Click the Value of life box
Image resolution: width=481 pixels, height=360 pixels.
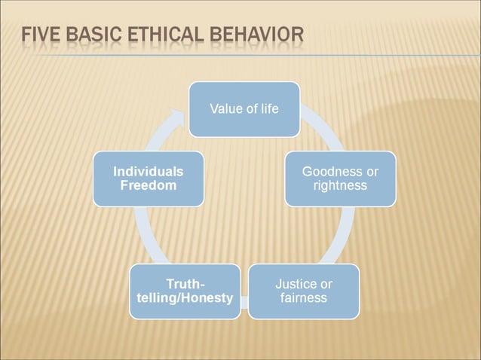coord(244,109)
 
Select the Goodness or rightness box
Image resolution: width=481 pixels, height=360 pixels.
coord(340,178)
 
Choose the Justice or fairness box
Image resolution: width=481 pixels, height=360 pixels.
coord(303,291)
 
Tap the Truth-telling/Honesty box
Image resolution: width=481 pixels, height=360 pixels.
coord(185,291)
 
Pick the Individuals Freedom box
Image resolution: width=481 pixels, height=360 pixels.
coord(148,178)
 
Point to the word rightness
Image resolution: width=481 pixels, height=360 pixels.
coord(340,185)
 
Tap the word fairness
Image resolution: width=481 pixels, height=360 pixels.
coord(303,297)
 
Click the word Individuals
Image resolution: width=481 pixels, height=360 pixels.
coord(148,172)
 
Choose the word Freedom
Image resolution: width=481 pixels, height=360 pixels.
coord(148,185)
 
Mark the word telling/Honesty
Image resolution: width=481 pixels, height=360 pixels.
coord(185,298)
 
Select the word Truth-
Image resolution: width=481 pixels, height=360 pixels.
coord(185,284)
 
